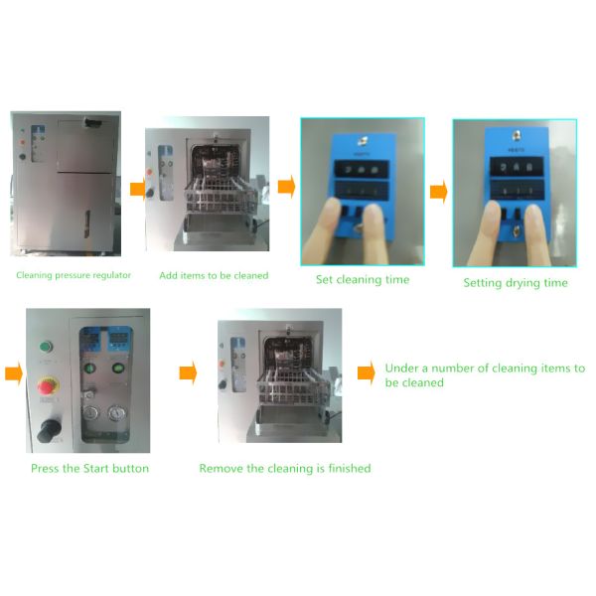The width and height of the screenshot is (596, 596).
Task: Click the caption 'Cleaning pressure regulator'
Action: [x=74, y=275]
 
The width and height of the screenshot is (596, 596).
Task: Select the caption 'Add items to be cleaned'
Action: [x=214, y=275]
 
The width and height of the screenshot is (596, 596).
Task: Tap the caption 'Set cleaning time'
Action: [x=363, y=280]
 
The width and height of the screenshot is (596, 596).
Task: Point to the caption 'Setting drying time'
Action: [x=516, y=283]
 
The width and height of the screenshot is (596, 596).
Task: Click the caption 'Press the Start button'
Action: [x=89, y=468]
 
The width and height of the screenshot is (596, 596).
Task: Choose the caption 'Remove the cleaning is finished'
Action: [x=285, y=468]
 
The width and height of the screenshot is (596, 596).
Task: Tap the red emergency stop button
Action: [x=47, y=386]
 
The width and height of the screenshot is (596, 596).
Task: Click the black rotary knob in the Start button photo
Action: [x=49, y=430]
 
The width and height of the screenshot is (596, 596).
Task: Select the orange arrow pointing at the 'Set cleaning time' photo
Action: [x=287, y=187]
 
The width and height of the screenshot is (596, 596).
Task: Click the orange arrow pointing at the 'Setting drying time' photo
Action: [x=439, y=192]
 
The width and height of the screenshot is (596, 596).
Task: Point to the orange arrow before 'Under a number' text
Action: [x=367, y=372]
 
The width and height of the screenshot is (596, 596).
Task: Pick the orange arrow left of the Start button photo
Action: [x=14, y=374]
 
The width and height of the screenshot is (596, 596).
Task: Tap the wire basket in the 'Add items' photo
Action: [x=222, y=197]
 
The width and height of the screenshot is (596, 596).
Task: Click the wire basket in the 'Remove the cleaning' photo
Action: [x=293, y=388]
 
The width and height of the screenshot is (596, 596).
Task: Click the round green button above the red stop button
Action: [x=46, y=347]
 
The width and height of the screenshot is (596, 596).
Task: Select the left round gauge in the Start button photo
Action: [x=90, y=413]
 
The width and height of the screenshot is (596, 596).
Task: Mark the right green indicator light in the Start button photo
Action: [x=118, y=368]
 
